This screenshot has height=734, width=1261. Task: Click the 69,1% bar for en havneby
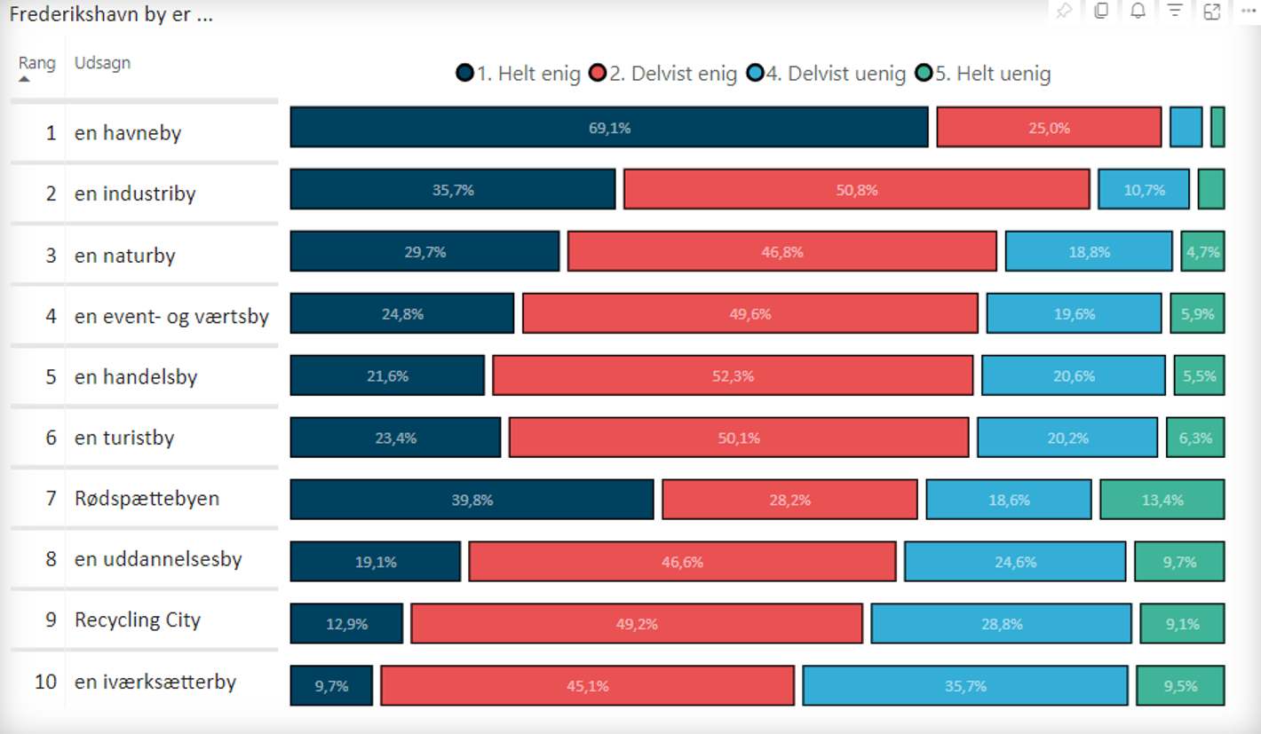(x=609, y=127)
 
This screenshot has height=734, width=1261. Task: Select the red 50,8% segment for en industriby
(x=856, y=189)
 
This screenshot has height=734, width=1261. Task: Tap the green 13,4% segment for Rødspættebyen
(x=1162, y=499)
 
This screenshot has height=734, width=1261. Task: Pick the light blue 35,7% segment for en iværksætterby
(x=965, y=685)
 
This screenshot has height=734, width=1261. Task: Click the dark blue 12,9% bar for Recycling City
(x=346, y=623)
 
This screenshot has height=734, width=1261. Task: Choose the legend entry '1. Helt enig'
(x=519, y=74)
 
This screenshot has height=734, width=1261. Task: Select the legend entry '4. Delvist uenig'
(x=826, y=74)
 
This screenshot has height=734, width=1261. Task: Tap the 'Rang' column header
(x=36, y=63)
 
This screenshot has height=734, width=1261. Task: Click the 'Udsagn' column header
(x=102, y=63)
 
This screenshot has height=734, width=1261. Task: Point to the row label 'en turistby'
(x=124, y=438)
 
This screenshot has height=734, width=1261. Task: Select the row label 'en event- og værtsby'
(x=171, y=316)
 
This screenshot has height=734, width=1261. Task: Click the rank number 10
(x=45, y=682)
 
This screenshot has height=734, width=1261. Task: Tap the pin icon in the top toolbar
(x=1063, y=12)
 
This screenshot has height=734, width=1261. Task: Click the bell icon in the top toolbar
(x=1138, y=12)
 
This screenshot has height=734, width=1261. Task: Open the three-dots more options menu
(x=1248, y=12)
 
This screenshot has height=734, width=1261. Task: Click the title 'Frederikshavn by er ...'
(x=111, y=15)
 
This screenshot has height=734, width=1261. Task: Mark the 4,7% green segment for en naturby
(x=1202, y=251)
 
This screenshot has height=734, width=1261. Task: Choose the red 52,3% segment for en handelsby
(x=733, y=375)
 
